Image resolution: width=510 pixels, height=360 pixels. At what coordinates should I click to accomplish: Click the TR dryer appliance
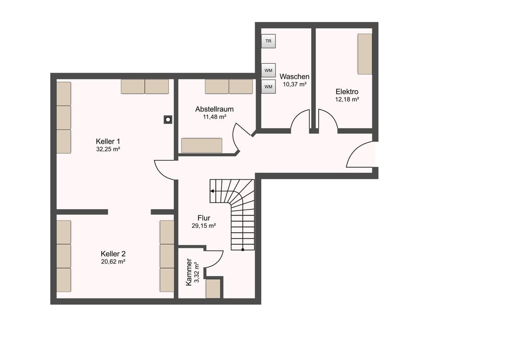[268, 41]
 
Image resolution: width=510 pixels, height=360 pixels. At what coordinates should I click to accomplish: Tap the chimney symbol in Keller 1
[168, 120]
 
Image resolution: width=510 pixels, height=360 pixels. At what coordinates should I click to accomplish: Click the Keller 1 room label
[108, 141]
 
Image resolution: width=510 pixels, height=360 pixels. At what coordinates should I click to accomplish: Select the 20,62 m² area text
[113, 262]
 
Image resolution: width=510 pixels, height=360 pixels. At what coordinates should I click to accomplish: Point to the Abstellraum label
[214, 109]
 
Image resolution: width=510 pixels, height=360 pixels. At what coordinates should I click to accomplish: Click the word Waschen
[294, 77]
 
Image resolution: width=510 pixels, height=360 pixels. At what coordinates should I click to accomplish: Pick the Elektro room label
[347, 92]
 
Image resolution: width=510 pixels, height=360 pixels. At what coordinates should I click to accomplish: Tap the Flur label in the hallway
[204, 218]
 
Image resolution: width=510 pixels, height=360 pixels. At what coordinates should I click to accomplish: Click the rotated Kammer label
[189, 272]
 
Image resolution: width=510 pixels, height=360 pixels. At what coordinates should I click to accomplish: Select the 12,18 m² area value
[347, 99]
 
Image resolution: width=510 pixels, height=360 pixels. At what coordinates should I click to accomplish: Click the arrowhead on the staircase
[212, 191]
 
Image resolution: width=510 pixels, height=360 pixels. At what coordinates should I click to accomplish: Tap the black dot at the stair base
[243, 250]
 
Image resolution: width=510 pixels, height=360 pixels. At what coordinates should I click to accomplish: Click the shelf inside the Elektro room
[365, 54]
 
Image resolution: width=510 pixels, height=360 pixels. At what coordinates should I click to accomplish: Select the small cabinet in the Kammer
[213, 289]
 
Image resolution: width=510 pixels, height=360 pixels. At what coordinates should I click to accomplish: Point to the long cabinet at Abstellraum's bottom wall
[201, 145]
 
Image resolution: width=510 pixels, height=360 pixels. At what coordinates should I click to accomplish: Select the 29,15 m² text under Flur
[204, 226]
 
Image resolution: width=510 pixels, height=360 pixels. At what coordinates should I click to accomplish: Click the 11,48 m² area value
[215, 117]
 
